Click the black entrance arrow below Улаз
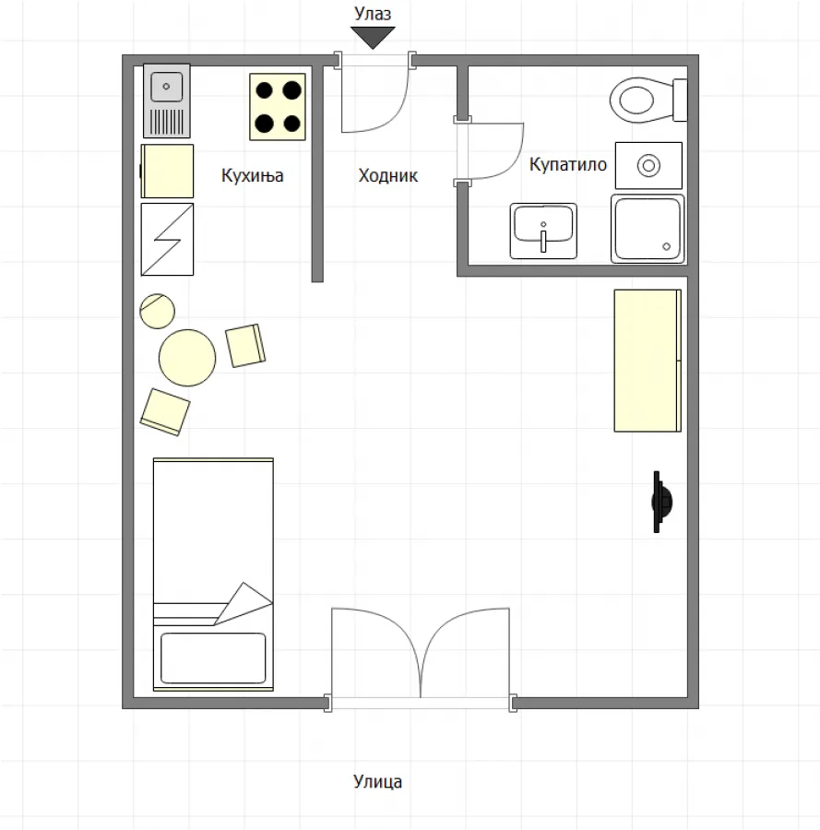(x=373, y=37)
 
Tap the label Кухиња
(x=252, y=175)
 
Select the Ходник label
(x=387, y=175)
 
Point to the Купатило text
(x=567, y=165)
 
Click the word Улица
(x=377, y=782)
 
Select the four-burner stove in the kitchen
(x=278, y=107)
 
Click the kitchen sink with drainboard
(x=167, y=100)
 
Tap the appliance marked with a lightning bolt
(x=167, y=239)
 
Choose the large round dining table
(x=187, y=358)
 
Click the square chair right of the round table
(x=246, y=345)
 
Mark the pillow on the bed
(x=213, y=658)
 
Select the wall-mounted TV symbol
(x=661, y=502)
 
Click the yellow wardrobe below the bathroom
(x=648, y=360)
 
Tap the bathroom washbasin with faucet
(x=543, y=231)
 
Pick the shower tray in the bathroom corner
(x=647, y=228)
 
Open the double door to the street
(x=421, y=655)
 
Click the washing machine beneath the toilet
(x=648, y=165)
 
